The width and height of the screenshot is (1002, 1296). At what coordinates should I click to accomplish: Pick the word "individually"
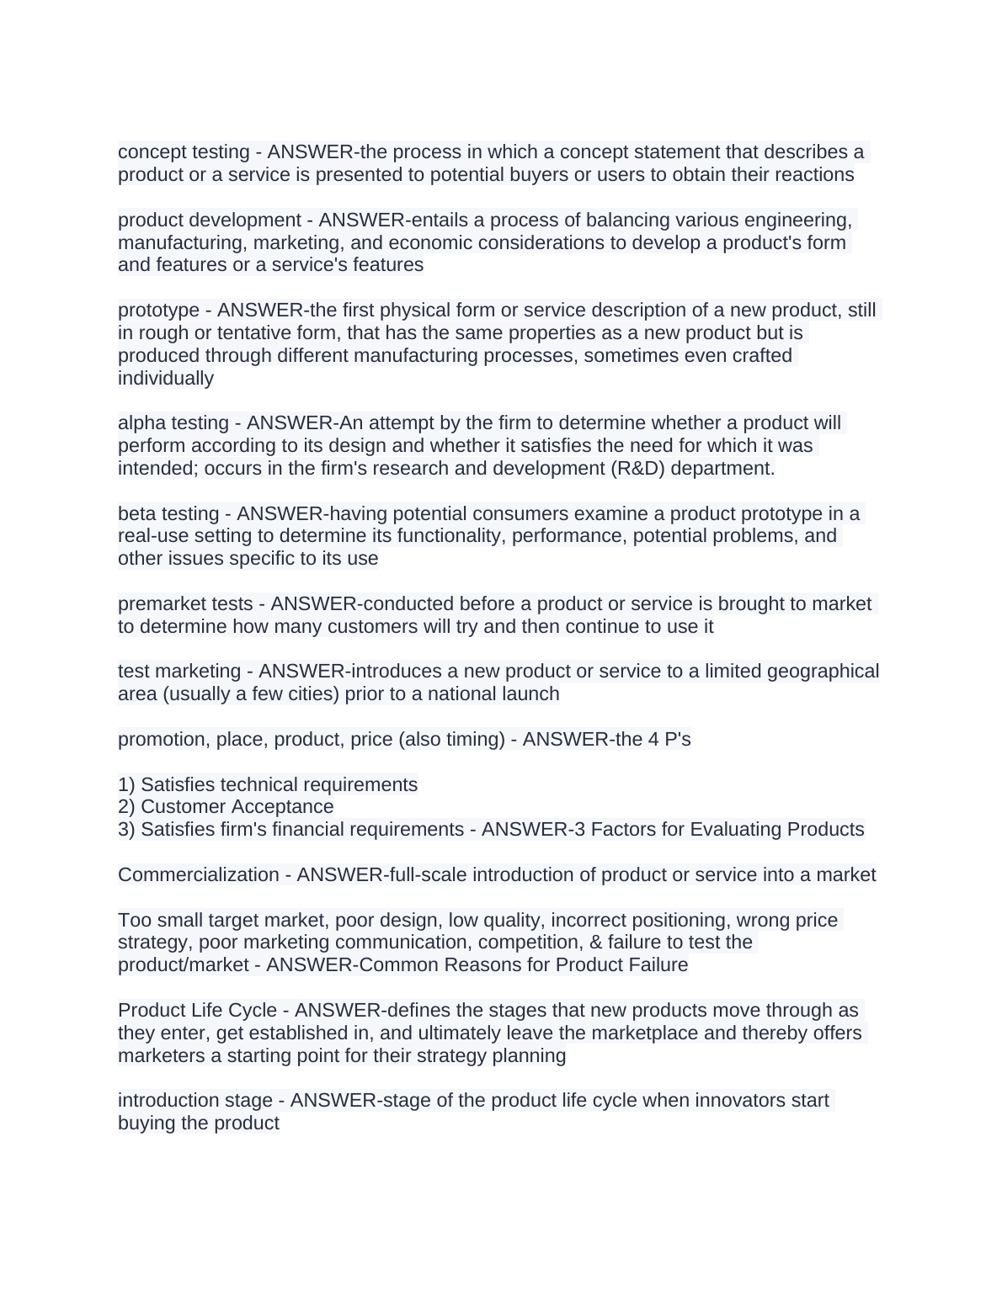click(166, 379)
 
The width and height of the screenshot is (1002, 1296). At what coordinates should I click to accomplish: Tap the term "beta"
click(136, 514)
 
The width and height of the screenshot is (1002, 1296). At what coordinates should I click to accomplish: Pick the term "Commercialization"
click(199, 875)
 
